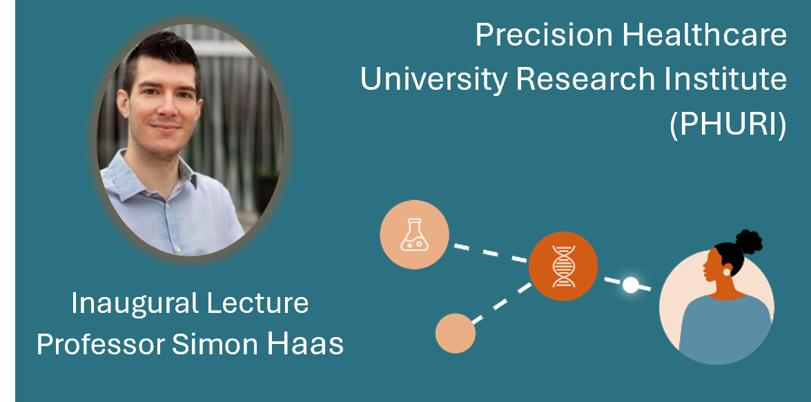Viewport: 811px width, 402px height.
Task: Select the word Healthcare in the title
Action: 705,36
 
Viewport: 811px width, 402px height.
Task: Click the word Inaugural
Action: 137,304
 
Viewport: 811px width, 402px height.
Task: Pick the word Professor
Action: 101,344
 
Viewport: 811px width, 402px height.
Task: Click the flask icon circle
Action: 414,234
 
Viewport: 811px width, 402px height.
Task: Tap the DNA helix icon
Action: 563,266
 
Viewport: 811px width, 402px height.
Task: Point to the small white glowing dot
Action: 630,285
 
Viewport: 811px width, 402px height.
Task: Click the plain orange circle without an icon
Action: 455,333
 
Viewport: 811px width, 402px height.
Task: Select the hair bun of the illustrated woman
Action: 748,242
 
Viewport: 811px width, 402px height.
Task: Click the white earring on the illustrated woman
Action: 727,271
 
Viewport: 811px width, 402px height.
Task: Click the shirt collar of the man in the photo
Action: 155,176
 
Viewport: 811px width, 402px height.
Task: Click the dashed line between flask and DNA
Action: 490,253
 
